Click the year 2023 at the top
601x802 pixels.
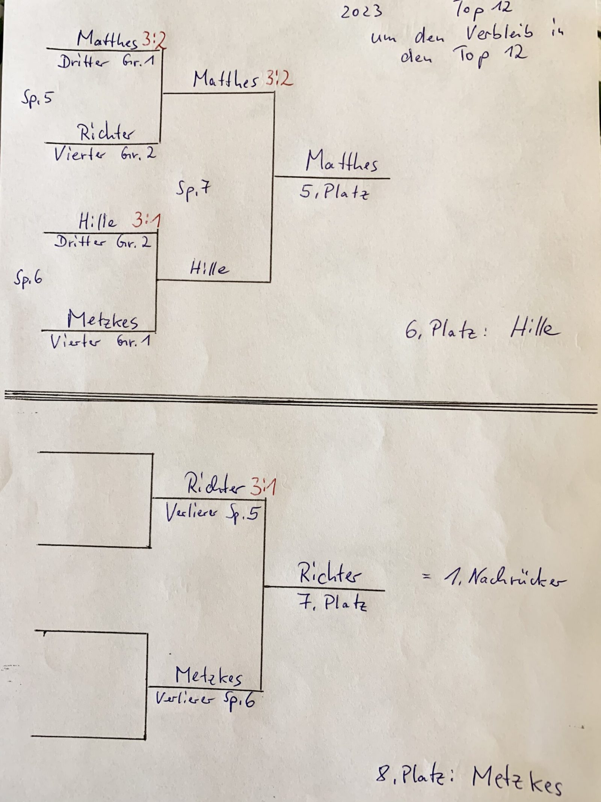361,12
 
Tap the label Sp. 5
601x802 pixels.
36,99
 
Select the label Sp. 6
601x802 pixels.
28,278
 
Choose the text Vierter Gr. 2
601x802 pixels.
105,154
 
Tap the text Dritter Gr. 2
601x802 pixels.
103,242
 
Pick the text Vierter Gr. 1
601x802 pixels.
100,342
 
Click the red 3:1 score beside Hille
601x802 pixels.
146,221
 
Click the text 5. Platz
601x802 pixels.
334,192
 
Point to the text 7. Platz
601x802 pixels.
332,603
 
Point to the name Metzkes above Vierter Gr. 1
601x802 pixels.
103,320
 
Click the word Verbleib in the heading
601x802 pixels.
499,35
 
